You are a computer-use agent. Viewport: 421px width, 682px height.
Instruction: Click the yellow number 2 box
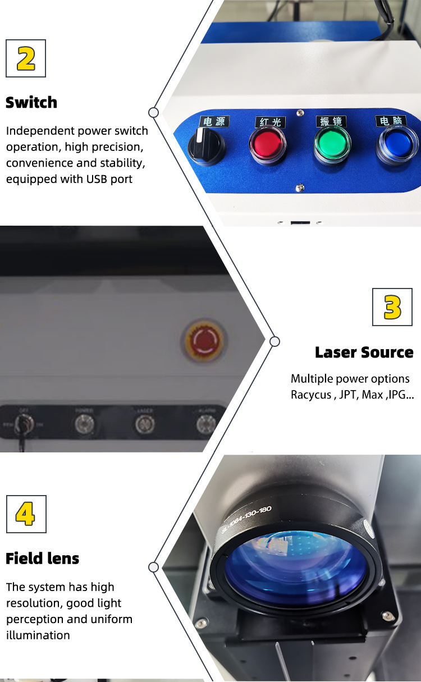click(x=26, y=58)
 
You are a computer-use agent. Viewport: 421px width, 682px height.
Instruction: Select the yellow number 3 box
click(x=392, y=307)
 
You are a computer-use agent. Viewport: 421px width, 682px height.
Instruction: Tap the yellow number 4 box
click(x=26, y=514)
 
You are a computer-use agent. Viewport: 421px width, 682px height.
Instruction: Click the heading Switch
click(x=31, y=103)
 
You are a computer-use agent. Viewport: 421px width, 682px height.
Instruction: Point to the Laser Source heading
click(x=364, y=353)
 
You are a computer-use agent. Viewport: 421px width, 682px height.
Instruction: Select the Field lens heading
click(x=43, y=559)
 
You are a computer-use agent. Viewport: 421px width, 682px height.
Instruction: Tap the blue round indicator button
click(x=397, y=144)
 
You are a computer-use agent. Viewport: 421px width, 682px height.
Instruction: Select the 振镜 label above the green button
click(x=330, y=121)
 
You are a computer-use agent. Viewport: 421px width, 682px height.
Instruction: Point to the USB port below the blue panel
click(x=300, y=223)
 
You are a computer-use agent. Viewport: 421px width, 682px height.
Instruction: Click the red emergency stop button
click(x=202, y=341)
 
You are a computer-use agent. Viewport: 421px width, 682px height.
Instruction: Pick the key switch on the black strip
click(x=22, y=426)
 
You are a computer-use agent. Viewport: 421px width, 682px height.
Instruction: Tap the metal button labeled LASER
click(x=145, y=424)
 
